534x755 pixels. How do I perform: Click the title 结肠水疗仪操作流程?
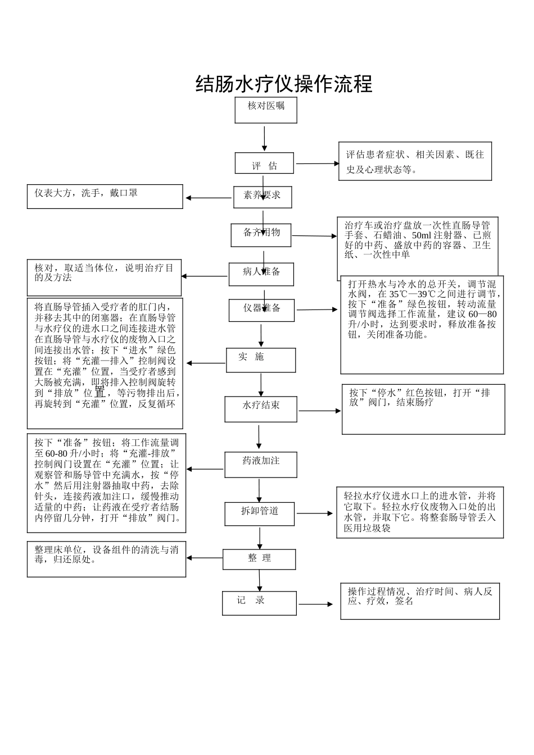click(284, 84)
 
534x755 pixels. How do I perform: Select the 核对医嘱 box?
click(266, 110)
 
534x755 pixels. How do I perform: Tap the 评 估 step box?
click(264, 163)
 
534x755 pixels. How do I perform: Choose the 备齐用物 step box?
click(261, 235)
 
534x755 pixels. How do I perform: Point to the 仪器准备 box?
click(261, 310)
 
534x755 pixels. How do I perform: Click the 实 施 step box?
click(261, 360)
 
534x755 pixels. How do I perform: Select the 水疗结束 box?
click(261, 409)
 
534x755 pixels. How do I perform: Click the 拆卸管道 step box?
click(260, 513)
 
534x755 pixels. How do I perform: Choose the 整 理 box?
click(259, 559)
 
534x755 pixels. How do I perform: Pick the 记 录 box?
click(259, 603)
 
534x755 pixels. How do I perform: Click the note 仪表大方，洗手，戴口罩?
click(105, 197)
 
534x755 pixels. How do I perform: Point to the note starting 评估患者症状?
click(415, 161)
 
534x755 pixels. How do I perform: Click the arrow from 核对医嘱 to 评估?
click(264, 138)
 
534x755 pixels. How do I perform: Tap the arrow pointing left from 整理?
click(205, 558)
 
